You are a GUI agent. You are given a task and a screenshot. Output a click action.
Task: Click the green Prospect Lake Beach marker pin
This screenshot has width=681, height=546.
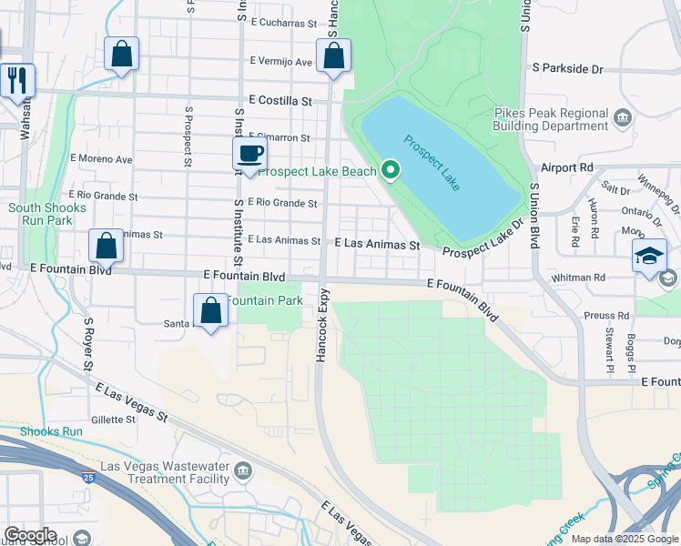(x=391, y=170)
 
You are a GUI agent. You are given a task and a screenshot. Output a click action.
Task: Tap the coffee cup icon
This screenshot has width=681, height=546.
(x=249, y=155)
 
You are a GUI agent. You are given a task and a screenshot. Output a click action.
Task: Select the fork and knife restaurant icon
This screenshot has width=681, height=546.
(x=16, y=81)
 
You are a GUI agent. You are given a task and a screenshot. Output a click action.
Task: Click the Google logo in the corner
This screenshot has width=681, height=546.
(x=30, y=535)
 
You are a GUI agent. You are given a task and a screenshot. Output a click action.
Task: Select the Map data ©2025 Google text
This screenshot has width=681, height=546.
(x=624, y=539)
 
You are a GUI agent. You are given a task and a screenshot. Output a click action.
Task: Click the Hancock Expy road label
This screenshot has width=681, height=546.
(x=321, y=327)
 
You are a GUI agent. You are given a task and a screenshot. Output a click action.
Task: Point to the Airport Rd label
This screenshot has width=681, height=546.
(x=566, y=167)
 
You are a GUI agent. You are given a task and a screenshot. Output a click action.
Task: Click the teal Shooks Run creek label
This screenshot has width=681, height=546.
(x=51, y=431)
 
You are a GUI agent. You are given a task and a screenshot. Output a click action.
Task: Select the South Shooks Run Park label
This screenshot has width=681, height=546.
(x=47, y=215)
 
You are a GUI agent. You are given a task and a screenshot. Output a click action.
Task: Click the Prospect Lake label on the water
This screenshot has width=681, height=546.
(x=432, y=163)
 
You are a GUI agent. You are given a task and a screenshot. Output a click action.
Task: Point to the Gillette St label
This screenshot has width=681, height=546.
(x=113, y=420)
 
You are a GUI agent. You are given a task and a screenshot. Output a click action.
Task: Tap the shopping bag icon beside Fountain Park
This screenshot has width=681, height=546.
(x=211, y=311)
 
